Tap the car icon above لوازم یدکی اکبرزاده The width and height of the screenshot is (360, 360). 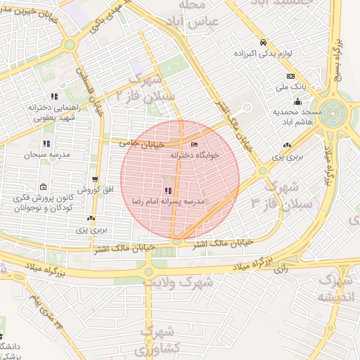262,41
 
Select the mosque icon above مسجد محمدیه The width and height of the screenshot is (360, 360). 297,101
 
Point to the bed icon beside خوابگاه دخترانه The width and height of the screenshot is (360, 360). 195,145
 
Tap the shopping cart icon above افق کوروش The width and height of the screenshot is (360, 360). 96,180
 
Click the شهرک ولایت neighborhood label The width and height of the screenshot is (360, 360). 168,281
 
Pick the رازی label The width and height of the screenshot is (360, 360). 281,268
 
